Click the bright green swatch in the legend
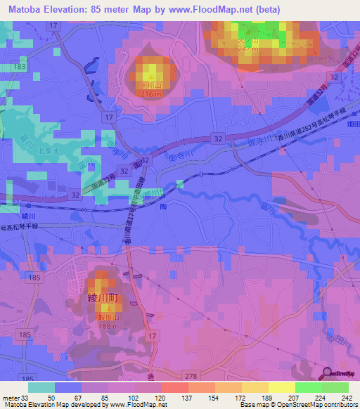click(309, 387)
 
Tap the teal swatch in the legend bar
click(41, 387)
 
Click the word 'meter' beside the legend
click(9, 398)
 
